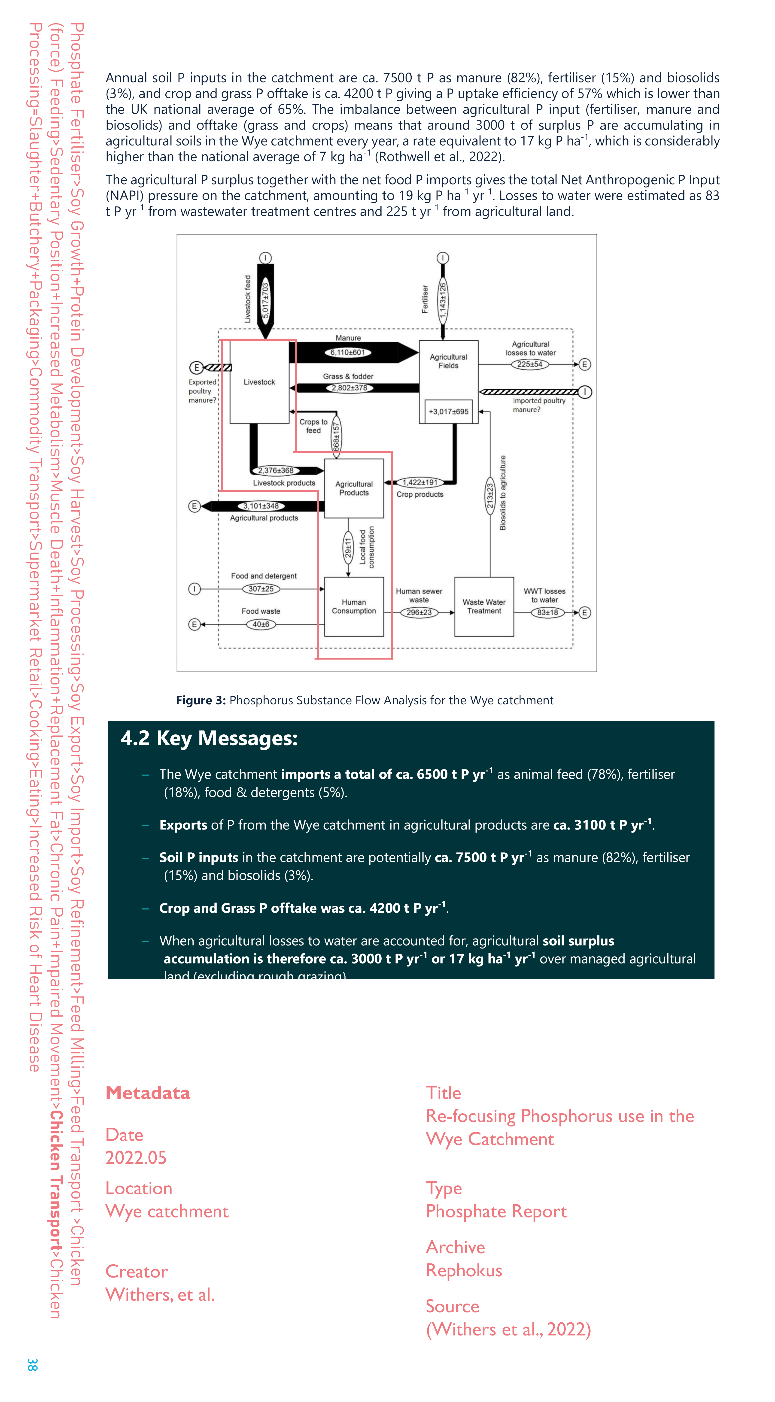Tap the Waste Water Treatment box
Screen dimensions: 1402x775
click(484, 606)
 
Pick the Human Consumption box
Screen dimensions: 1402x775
click(354, 606)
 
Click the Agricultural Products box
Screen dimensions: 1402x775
click(354, 488)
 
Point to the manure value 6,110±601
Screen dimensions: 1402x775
click(348, 352)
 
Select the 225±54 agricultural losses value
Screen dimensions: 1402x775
click(529, 364)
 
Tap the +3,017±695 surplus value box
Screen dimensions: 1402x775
click(448, 412)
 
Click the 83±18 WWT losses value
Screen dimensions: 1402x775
click(547, 612)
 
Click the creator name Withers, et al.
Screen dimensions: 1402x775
click(160, 1294)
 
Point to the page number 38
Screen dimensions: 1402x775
click(33, 1364)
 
